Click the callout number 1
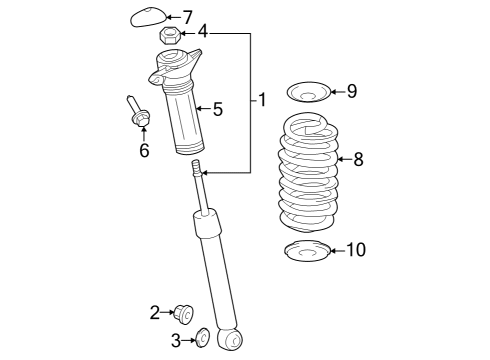262,100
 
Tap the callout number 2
155,312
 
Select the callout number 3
177,341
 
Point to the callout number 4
203,33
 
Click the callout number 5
217,109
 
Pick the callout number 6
144,150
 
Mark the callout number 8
358,157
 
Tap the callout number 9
351,92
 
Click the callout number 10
355,250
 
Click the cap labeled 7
148,17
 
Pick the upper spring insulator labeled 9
308,94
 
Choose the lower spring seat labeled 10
306,251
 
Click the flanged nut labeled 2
182,313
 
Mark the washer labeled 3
201,340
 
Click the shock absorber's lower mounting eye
232,341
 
